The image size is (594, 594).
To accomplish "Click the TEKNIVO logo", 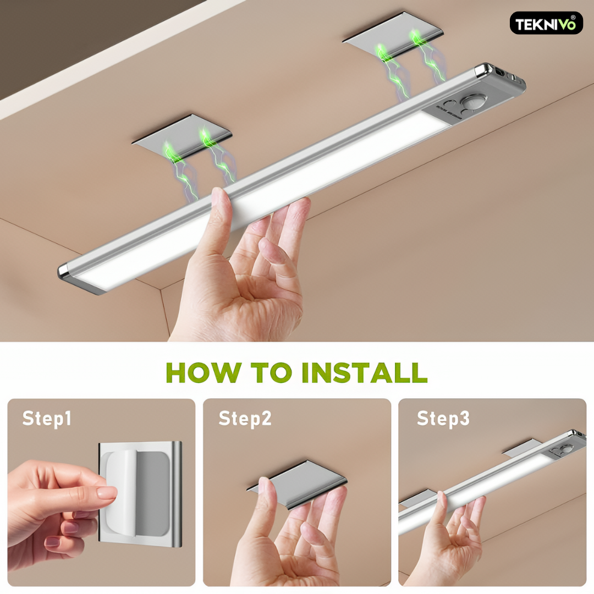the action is (546, 23).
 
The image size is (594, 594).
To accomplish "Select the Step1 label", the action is (47, 419).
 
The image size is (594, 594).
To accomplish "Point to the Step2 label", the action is (245, 419).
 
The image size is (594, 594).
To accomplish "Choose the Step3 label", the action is (443, 419).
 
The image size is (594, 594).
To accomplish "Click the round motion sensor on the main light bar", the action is (470, 103).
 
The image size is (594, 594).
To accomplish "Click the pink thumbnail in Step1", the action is (107, 492).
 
